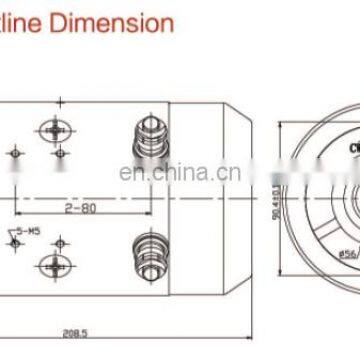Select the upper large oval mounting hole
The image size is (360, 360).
(x=53, y=130)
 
